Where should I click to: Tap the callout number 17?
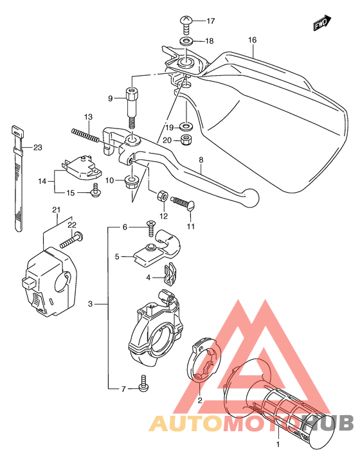[210, 21]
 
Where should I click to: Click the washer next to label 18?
[186, 42]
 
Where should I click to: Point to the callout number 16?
[252, 40]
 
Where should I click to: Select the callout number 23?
[37, 148]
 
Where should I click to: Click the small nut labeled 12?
[163, 195]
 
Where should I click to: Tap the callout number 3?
[91, 304]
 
